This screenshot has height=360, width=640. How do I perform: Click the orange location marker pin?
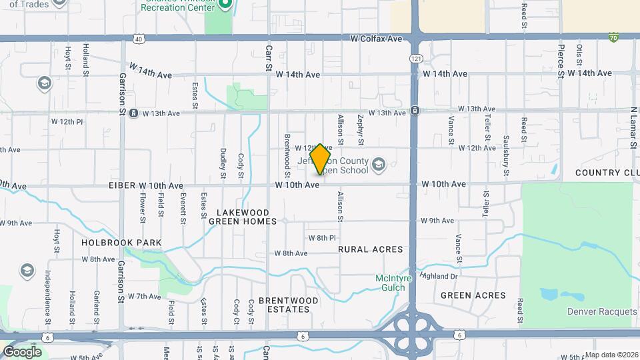pyautogui.click(x=321, y=159)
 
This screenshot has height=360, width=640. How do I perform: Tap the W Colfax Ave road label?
pyautogui.click(x=377, y=39)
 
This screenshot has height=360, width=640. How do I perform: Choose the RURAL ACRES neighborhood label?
pyautogui.click(x=371, y=249)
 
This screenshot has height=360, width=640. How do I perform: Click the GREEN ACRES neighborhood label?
pyautogui.click(x=473, y=295)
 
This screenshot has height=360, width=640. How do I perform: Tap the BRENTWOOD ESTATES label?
pyautogui.click(x=288, y=305)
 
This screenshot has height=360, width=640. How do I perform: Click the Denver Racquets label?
pyautogui.click(x=602, y=311)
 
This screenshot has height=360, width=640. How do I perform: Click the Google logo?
pyautogui.click(x=22, y=351)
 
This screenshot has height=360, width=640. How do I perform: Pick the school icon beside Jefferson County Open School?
pyautogui.click(x=379, y=164)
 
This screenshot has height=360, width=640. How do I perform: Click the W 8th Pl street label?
pyautogui.click(x=321, y=238)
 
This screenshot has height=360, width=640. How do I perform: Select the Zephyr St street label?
pyautogui.click(x=361, y=129)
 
